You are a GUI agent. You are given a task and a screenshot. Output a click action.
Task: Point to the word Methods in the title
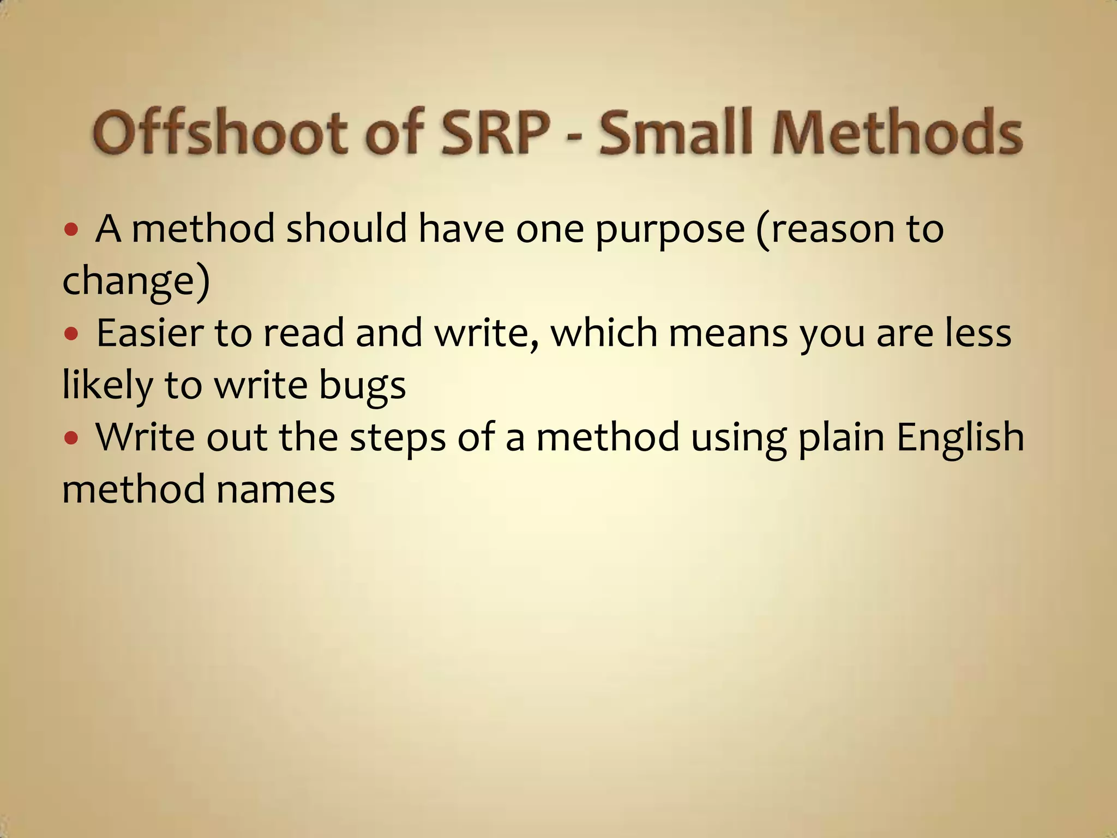[x=898, y=133]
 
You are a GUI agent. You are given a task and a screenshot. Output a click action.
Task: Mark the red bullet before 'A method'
[x=71, y=229]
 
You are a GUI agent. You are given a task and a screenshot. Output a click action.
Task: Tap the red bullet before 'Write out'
[x=71, y=438]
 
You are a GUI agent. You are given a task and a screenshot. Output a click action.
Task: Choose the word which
[x=604, y=333]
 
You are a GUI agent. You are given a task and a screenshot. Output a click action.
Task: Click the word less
[x=978, y=333]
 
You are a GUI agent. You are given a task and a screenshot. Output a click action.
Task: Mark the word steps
[x=398, y=439]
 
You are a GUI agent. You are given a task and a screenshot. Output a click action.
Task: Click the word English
[x=960, y=439]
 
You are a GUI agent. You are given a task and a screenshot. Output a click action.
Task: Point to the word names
[x=275, y=489]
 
